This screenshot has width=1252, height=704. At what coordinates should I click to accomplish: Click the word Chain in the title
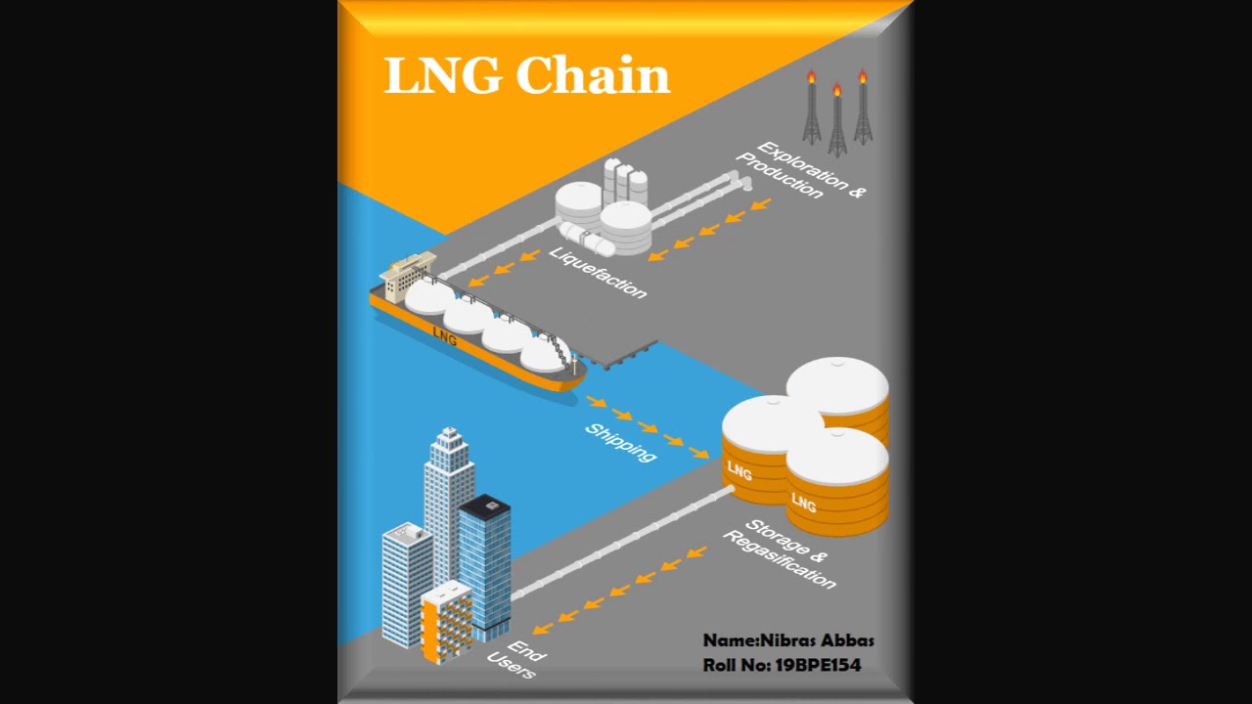[x=593, y=75]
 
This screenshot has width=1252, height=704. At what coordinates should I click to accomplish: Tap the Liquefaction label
[x=598, y=272]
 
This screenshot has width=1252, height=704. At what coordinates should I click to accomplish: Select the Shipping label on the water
[x=620, y=442]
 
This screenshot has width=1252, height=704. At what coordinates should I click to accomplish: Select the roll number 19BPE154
[x=818, y=665]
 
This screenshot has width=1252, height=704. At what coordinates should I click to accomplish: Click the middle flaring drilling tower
[x=837, y=122]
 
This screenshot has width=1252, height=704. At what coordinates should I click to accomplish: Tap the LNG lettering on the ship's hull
[x=444, y=336]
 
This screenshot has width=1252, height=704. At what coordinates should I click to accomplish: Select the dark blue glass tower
[x=485, y=562]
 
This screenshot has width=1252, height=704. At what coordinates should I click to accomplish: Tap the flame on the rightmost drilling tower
[x=862, y=76]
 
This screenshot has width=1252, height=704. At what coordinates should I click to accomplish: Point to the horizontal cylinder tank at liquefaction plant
[x=583, y=236]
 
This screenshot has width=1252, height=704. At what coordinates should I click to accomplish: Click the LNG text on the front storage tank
[x=803, y=503]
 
